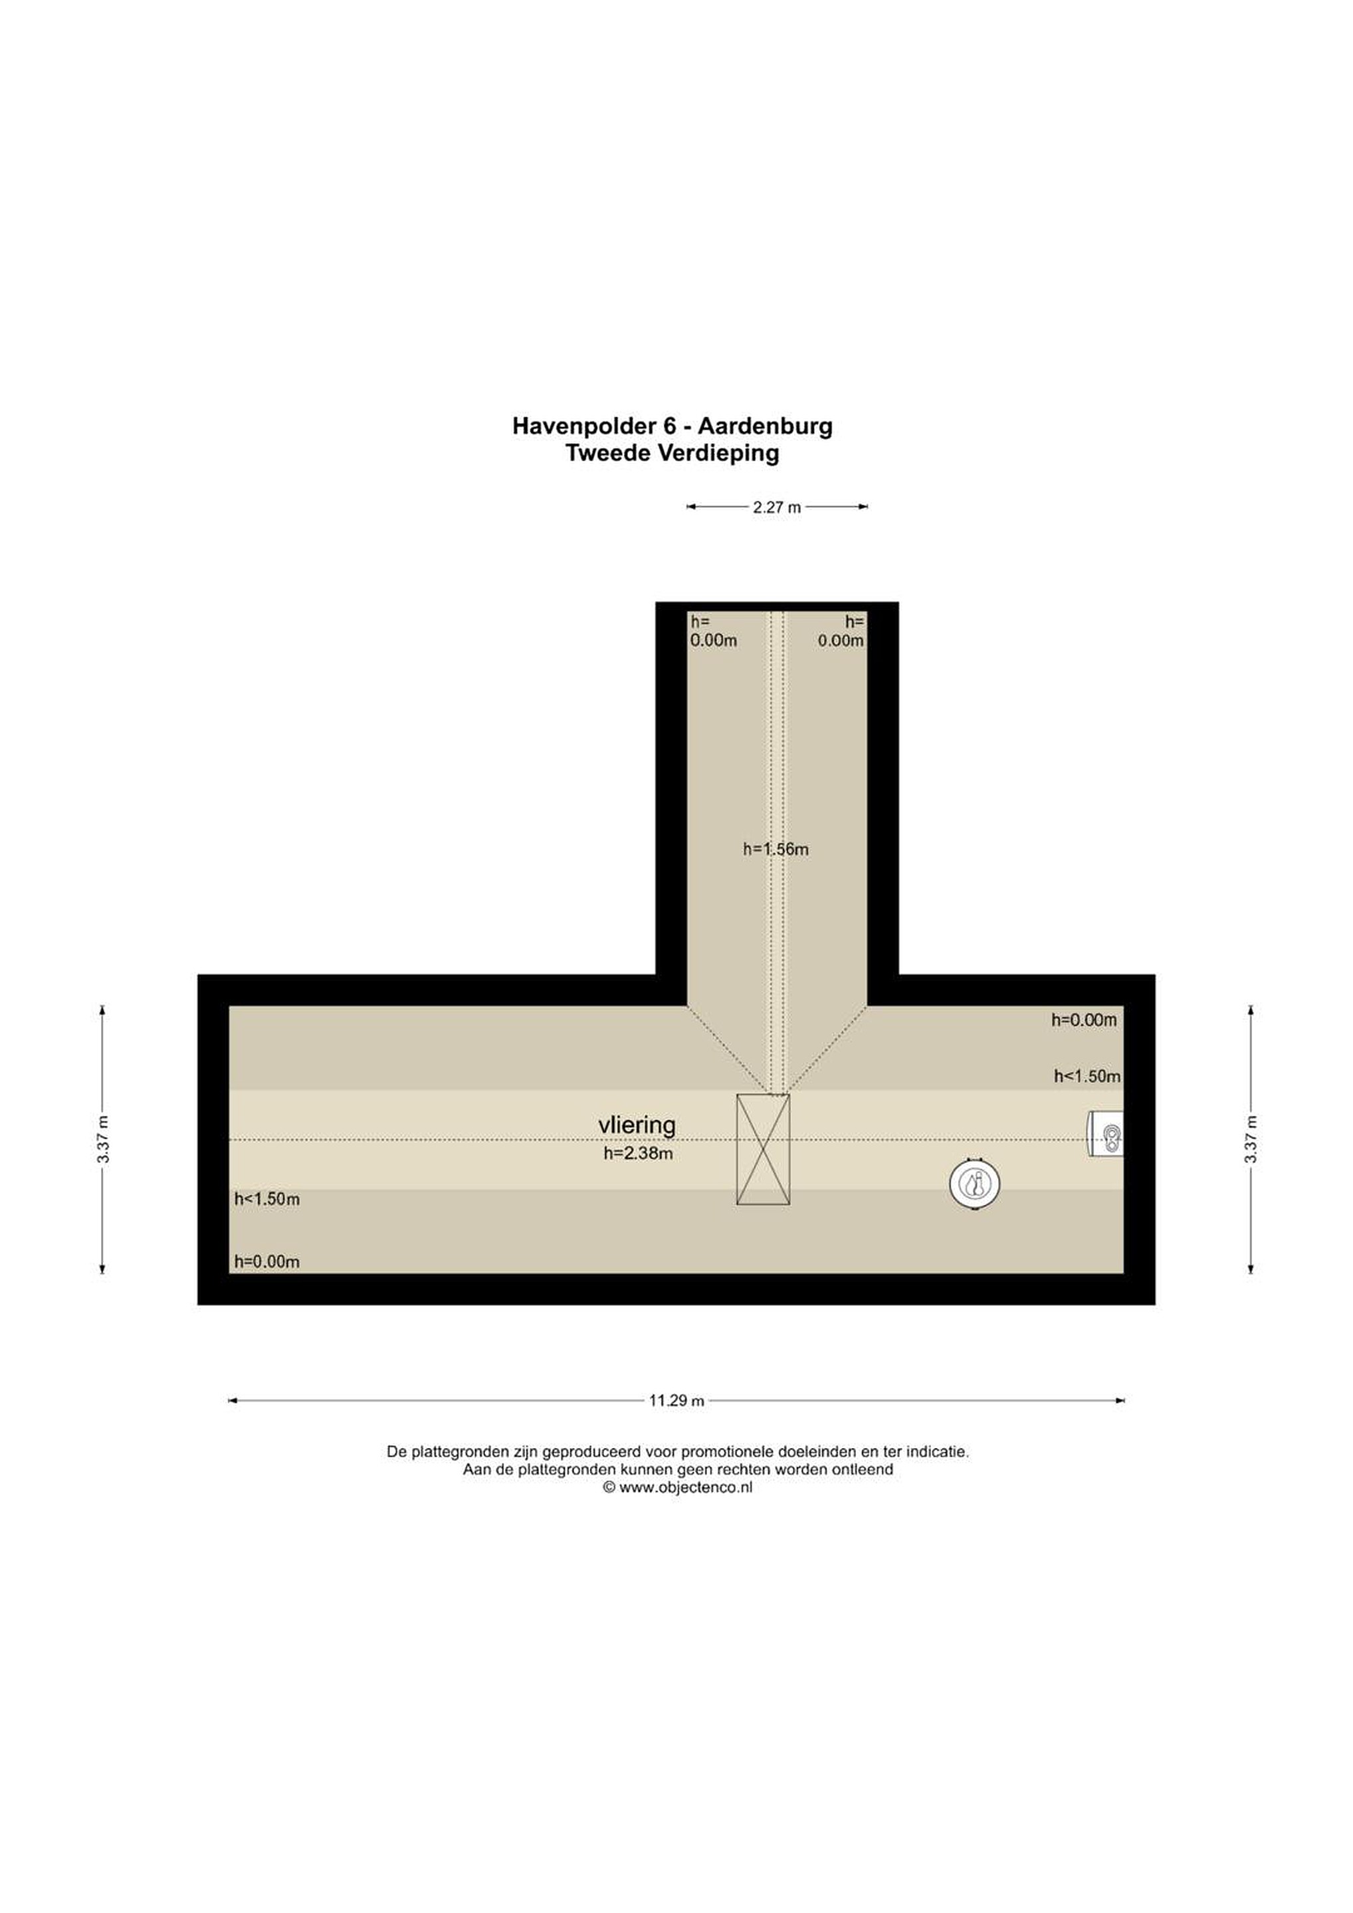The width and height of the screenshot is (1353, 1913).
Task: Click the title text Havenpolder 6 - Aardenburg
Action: point(672,426)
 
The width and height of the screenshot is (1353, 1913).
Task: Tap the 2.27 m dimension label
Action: point(776,507)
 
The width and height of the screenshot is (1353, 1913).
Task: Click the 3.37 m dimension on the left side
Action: point(102,1139)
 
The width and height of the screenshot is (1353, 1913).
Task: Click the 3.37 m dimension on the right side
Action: point(1251,1139)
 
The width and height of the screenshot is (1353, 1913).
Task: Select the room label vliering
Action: point(637,1125)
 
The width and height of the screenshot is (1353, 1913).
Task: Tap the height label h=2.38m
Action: point(638,1154)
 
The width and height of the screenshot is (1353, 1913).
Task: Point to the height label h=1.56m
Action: point(776,849)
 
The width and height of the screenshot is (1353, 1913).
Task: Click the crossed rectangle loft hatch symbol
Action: point(763,1150)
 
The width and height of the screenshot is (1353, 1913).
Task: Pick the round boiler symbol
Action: point(974,1183)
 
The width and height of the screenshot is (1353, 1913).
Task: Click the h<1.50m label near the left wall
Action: point(266,1199)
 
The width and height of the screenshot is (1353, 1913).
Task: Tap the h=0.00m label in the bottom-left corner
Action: point(266,1261)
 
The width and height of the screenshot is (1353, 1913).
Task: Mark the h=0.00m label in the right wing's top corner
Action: point(1084,1020)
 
